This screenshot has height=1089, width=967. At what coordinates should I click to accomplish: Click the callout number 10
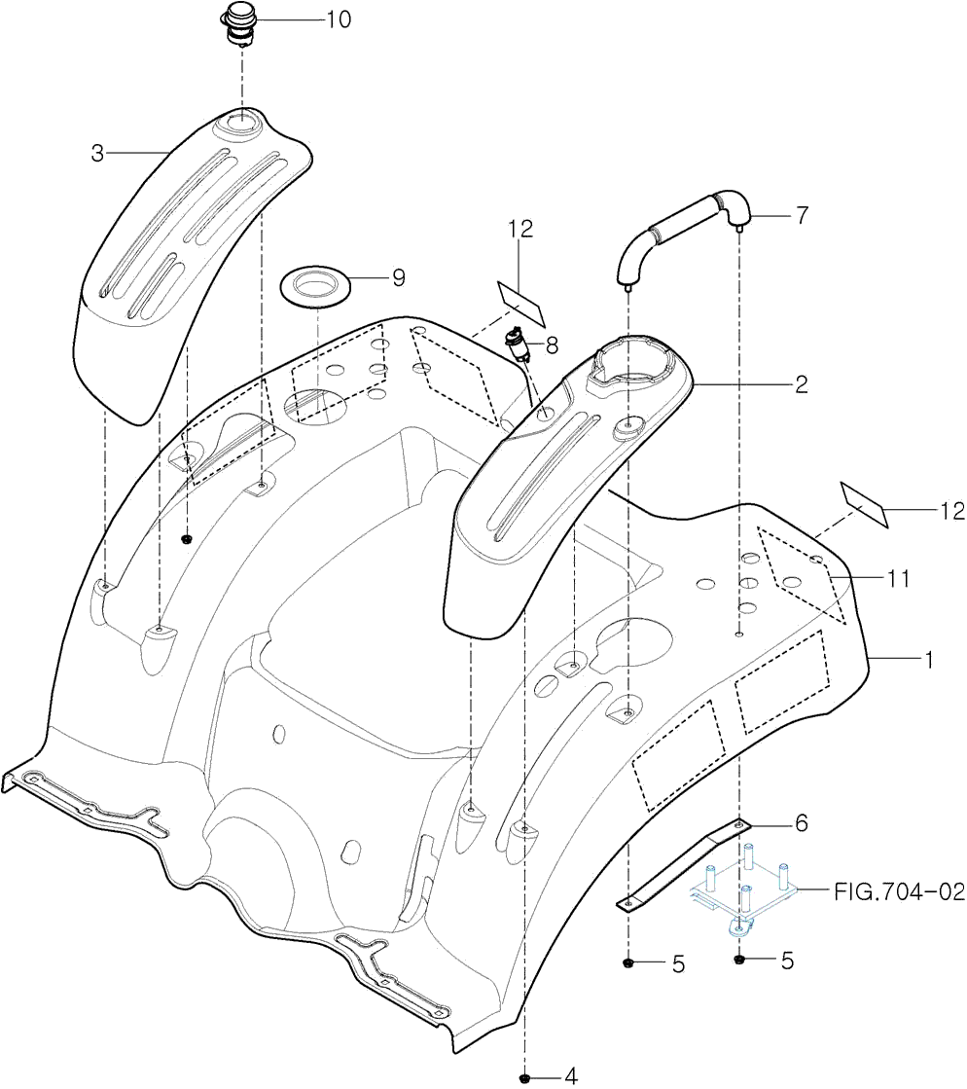(x=338, y=18)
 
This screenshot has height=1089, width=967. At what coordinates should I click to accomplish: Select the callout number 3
(x=97, y=153)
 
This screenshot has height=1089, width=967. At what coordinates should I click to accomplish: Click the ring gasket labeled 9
(x=315, y=285)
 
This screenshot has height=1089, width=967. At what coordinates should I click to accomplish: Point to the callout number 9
(x=398, y=277)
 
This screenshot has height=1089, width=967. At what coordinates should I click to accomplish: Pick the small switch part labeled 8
(x=517, y=344)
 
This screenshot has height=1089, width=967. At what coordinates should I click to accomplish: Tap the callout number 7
(x=801, y=216)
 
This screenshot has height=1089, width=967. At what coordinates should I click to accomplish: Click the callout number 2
(x=801, y=384)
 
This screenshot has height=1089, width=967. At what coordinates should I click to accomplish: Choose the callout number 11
(x=898, y=579)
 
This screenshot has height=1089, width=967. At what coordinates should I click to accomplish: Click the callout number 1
(x=928, y=660)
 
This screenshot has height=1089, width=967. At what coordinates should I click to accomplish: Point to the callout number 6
(x=801, y=823)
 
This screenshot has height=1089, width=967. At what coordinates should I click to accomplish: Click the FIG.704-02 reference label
(x=898, y=890)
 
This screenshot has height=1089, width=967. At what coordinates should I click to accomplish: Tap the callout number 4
(x=571, y=1075)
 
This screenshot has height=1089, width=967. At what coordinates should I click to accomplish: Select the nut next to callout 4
(x=525, y=1076)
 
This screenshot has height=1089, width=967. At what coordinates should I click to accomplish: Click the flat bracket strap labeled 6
(x=681, y=863)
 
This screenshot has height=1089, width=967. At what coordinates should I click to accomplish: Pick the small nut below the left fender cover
(x=188, y=538)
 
